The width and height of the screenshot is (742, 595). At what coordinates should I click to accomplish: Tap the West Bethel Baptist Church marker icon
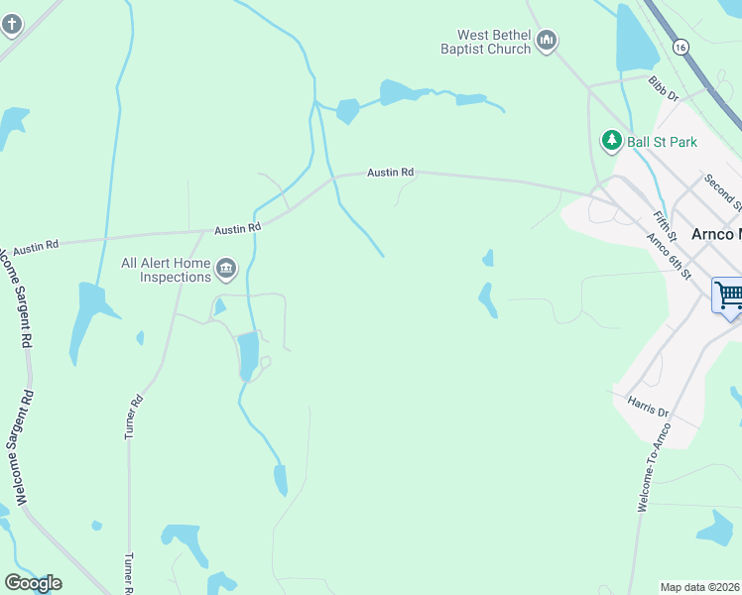[x=548, y=41]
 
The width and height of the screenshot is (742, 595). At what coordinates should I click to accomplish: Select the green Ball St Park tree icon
[x=612, y=141]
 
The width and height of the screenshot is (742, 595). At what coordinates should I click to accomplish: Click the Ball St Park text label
[x=662, y=142]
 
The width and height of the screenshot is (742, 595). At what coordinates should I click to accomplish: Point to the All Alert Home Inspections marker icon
[x=226, y=268]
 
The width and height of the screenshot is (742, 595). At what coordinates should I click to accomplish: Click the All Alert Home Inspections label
[x=166, y=270]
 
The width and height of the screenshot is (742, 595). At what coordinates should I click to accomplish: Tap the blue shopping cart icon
[x=728, y=295]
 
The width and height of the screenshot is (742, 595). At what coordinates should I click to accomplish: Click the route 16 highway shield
[x=680, y=47]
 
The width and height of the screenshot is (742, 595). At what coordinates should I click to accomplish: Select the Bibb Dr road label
[x=664, y=91]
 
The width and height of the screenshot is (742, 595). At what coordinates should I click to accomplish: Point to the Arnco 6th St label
[x=667, y=255]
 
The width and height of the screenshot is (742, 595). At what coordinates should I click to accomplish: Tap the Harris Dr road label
[x=649, y=406]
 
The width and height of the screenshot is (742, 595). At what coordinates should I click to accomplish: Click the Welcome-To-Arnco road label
[x=652, y=467]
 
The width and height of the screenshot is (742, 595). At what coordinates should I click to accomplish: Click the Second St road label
[x=721, y=192]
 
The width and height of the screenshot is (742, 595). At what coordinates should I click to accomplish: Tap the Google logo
[x=33, y=583]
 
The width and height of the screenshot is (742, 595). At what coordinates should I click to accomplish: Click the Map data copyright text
[x=700, y=587]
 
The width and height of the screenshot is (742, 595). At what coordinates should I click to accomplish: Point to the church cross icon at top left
[x=11, y=23]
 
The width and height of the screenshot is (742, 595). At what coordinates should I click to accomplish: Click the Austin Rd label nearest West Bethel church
[x=390, y=172]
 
